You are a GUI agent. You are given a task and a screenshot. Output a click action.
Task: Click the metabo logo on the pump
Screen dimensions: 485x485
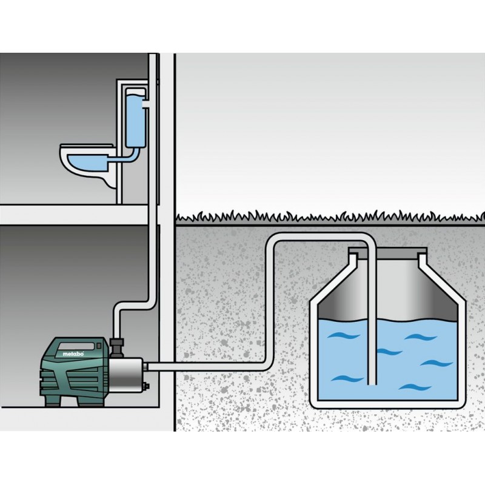coord(73,353)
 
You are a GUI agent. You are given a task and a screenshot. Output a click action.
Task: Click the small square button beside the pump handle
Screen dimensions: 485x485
coord(99,346)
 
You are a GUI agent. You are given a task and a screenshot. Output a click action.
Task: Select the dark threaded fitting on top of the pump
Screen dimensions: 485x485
coord(116,347)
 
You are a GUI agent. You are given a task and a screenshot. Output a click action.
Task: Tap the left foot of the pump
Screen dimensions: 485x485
coord(53,401)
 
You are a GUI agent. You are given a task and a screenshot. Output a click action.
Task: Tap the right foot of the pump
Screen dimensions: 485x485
coord(92,401)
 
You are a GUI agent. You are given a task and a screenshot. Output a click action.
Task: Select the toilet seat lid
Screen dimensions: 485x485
coord(87,145)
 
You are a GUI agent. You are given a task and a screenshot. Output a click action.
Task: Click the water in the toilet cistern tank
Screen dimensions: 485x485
coord(135,121)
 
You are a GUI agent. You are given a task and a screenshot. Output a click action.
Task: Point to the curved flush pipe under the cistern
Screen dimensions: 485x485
coord(124,157)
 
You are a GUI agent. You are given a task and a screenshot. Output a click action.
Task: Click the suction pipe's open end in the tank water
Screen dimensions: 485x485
coord(372,383)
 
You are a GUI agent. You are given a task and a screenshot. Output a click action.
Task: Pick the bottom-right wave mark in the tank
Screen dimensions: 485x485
coord(415,387)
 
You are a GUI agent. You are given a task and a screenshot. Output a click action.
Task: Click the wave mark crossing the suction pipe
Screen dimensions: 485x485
coord(387,352)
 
